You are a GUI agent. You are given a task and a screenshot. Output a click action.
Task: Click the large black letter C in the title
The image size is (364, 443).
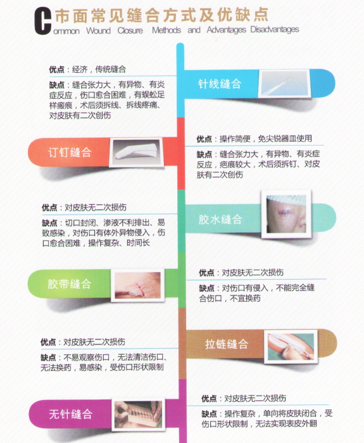tap(42, 22)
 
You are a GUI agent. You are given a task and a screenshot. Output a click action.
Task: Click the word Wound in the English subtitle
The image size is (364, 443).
tap(98, 30)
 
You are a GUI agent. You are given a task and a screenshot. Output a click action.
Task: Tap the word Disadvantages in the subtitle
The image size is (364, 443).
tap(274, 29)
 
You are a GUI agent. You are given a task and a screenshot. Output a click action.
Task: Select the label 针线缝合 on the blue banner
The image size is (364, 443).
tap(220, 84)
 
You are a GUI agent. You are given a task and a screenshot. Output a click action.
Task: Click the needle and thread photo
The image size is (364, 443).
tap(284, 83)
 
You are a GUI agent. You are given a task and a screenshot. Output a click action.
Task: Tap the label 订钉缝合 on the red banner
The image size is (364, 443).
tap(70, 153)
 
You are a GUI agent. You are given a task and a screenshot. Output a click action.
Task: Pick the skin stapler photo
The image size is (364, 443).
tap(137, 153)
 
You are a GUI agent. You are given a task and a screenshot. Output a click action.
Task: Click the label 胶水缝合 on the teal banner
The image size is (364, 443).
tap(220, 219)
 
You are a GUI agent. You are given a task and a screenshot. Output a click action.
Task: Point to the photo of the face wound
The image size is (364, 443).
tap(286, 214)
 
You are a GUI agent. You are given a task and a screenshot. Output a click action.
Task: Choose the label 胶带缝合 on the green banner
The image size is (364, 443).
tap(70, 284)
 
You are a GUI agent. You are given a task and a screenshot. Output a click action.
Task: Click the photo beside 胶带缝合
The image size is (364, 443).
tap(138, 285)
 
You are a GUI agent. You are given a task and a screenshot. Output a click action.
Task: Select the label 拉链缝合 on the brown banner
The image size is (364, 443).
tap(227, 344)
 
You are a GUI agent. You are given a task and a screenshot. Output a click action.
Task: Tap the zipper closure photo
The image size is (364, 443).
tap(291, 347)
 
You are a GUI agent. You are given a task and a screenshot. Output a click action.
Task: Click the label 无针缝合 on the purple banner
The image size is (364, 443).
tap(71, 414)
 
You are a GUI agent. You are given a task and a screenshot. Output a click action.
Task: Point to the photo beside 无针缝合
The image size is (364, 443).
tap(138, 414)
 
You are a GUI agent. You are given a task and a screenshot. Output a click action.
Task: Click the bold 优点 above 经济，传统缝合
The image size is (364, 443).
tap(57, 69)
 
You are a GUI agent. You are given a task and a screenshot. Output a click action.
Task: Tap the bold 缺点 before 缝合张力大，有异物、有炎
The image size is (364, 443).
tap(57, 85)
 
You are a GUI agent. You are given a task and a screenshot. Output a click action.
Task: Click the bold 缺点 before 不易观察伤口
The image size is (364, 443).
tap(48, 358)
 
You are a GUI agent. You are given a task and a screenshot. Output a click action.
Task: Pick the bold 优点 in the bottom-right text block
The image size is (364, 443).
tap(209, 398)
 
